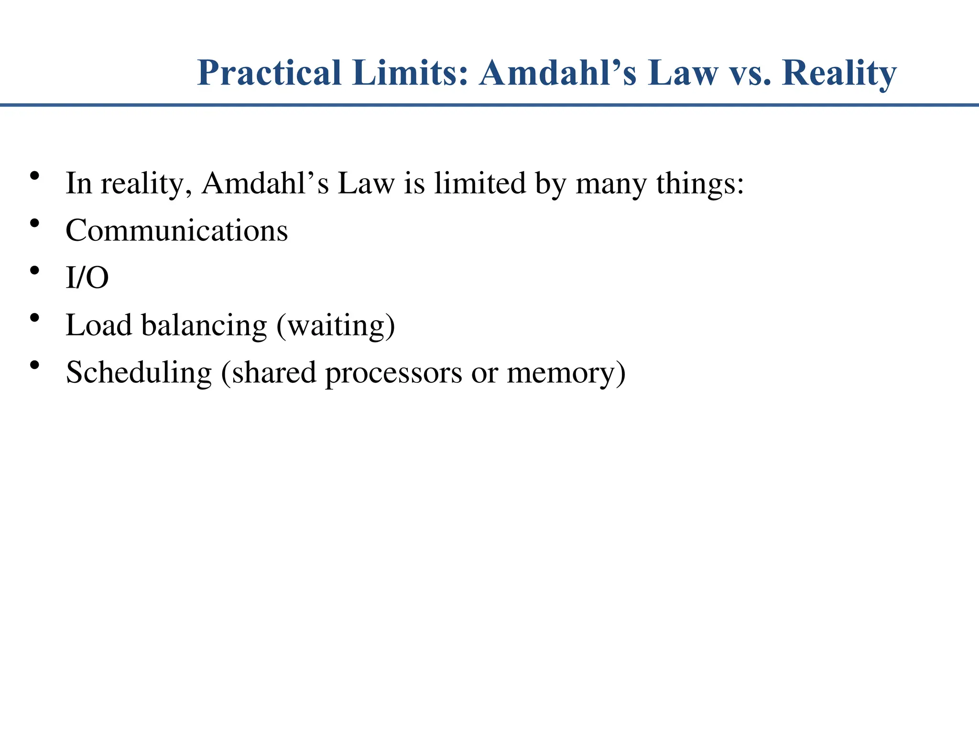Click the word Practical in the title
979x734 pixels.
269,73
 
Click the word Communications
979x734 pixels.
177,231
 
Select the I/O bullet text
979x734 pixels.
87,278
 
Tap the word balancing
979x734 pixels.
204,325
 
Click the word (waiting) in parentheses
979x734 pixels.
336,325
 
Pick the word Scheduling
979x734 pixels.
139,372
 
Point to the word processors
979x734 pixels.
393,372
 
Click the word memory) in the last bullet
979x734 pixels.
566,372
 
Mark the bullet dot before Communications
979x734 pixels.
34,223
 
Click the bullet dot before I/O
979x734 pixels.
34,270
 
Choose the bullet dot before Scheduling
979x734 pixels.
34,365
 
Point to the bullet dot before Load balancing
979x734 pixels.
34,318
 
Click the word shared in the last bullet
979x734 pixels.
274,372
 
